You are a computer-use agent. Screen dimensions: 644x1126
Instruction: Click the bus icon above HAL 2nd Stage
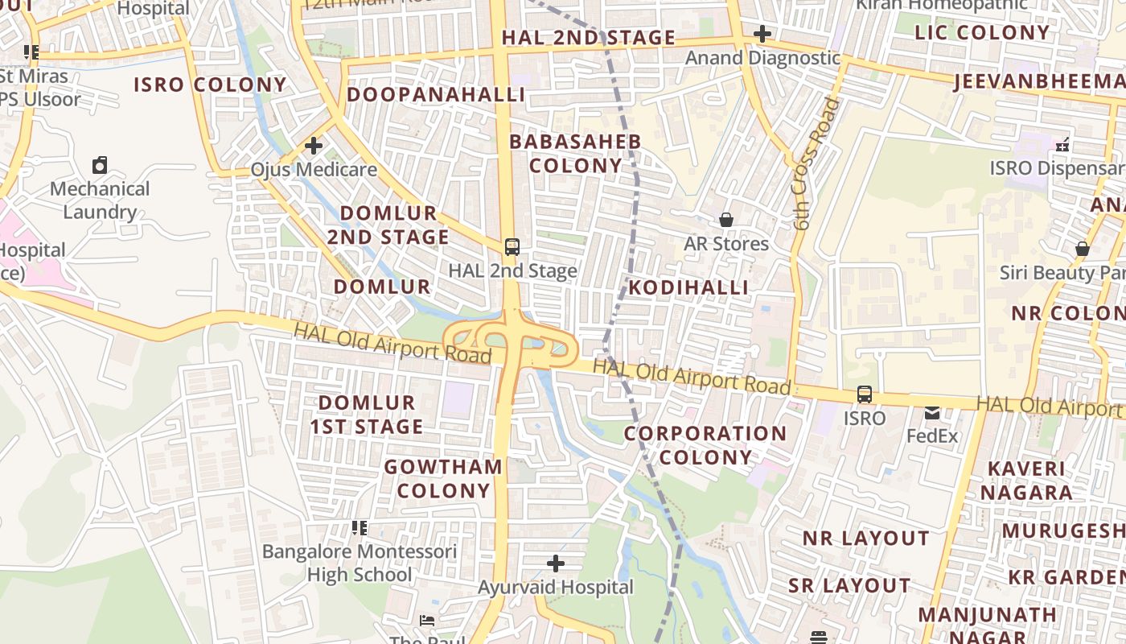click(x=512, y=247)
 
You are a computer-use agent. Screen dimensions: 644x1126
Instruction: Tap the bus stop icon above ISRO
click(x=865, y=394)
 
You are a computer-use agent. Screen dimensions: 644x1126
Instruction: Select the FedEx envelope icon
click(x=932, y=413)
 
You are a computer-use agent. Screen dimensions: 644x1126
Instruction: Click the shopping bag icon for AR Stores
click(x=726, y=220)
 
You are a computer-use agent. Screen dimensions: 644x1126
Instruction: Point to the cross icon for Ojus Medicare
click(x=314, y=146)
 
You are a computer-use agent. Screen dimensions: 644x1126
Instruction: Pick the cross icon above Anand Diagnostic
click(x=762, y=34)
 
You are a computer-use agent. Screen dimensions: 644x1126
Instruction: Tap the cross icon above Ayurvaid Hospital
click(x=555, y=563)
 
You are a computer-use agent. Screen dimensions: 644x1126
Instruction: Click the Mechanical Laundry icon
click(x=100, y=165)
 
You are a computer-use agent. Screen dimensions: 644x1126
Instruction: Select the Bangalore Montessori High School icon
click(x=360, y=528)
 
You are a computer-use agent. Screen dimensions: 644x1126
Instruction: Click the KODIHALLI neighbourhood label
click(x=688, y=287)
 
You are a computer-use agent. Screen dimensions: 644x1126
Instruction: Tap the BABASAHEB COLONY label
click(x=575, y=154)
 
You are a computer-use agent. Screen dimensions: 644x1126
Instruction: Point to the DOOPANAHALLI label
click(x=436, y=94)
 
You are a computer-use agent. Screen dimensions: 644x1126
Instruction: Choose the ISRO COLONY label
click(x=210, y=85)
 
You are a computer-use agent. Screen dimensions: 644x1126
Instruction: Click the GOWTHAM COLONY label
click(x=443, y=478)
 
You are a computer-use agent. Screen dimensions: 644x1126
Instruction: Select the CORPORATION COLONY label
click(x=705, y=445)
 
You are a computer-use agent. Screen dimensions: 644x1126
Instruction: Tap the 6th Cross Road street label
click(x=816, y=164)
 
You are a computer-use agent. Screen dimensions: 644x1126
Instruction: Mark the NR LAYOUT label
click(x=865, y=538)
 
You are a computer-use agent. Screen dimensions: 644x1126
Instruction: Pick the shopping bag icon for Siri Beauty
click(x=1083, y=249)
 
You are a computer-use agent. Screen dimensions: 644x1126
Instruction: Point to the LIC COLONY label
click(x=982, y=32)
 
